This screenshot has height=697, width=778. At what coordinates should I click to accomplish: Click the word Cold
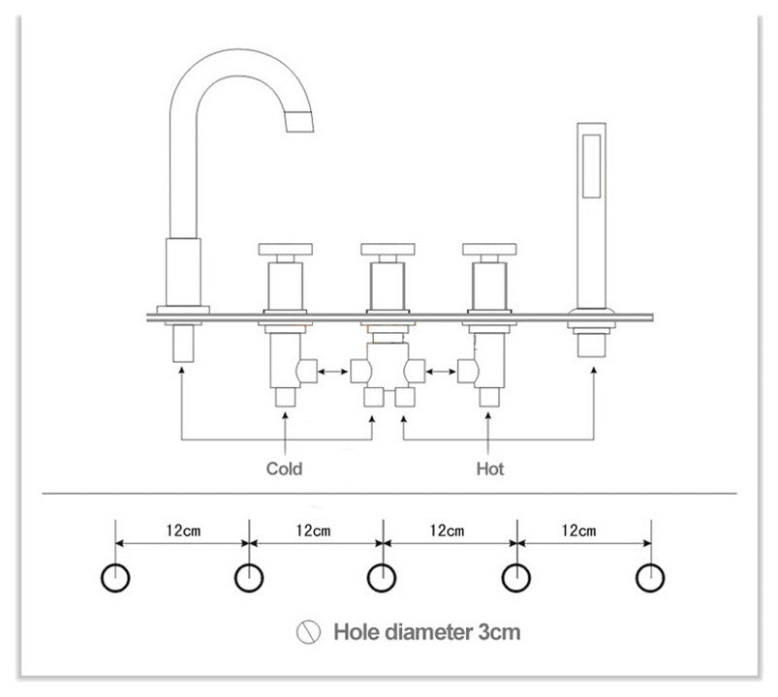pos(284,469)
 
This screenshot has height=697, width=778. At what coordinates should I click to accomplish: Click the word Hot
pos(489,469)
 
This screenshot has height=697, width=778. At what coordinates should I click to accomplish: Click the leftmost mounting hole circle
pos(115,578)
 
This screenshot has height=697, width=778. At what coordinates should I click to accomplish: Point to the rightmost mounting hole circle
pos(650,578)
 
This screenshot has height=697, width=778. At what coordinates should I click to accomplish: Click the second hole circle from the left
pos(249,578)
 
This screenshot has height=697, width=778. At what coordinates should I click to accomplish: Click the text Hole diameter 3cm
pos(427,633)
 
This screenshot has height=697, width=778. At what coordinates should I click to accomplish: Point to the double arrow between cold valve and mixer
pos(333,369)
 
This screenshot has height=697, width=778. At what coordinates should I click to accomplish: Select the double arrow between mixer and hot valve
pos(442,369)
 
